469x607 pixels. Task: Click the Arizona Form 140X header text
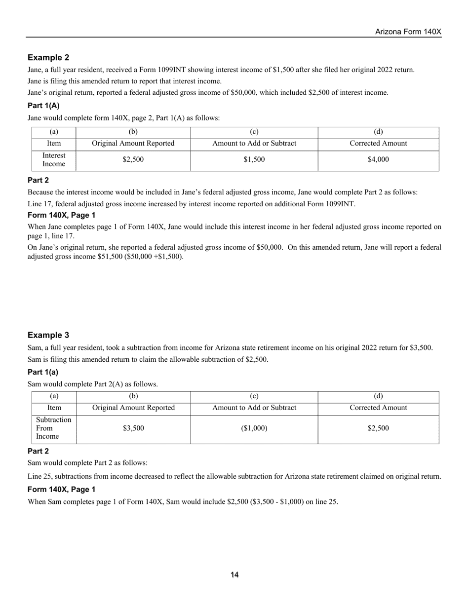pos(408,32)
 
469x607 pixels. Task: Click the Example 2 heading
pos(48,58)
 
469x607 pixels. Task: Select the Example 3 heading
pos(48,335)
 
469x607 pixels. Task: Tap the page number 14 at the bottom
pos(234,575)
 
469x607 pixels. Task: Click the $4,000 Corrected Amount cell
pos(378,159)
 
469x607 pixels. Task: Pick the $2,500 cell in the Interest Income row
pos(133,159)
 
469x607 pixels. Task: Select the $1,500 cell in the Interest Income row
pos(254,159)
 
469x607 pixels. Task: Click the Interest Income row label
pos(54,159)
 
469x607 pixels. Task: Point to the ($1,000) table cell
pos(254,428)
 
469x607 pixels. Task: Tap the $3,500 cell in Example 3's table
pos(133,428)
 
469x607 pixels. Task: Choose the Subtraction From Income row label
pos(54,428)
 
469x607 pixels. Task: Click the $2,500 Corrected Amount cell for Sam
pos(378,428)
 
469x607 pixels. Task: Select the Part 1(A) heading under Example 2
pos(43,106)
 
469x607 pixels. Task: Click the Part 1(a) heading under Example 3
pos(43,372)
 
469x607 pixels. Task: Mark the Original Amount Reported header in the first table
pos(133,144)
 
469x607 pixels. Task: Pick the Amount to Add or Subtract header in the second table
pos(254,408)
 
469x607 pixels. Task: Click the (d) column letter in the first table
pos(378,132)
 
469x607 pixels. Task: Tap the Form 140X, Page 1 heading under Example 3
pos(62,490)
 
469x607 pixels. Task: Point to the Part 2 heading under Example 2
pos(38,180)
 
